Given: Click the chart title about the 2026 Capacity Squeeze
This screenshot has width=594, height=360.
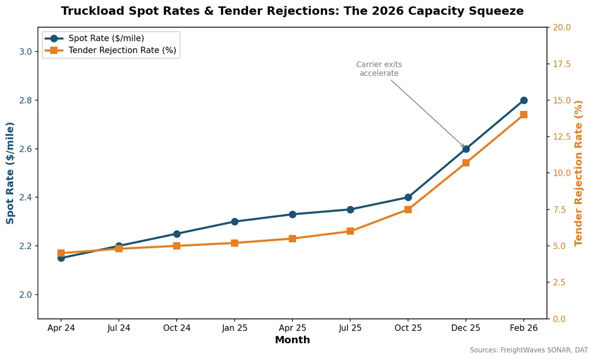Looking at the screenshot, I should click(x=292, y=11).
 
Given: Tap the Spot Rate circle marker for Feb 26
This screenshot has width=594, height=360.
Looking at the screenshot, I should click(x=524, y=100).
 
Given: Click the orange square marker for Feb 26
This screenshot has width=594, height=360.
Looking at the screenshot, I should click(x=524, y=114).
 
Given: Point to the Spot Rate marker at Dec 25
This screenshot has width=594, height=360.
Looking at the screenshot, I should click(x=466, y=149).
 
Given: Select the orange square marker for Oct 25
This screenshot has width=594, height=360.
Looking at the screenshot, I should click(x=408, y=209).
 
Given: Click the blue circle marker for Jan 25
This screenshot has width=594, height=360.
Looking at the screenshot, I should click(x=235, y=221).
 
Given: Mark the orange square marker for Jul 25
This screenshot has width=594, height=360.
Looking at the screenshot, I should click(x=350, y=231).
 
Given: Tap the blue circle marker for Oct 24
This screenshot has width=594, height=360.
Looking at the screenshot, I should click(x=177, y=234).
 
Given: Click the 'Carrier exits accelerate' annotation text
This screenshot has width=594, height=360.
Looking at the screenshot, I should click(x=379, y=69).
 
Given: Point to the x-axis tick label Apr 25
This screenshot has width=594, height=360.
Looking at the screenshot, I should click(x=292, y=328).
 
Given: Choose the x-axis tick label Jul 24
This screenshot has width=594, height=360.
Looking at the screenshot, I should click(x=119, y=328).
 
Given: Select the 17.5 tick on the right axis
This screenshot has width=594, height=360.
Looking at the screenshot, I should click(x=561, y=64).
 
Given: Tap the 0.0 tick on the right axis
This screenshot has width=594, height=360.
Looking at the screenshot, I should click(x=559, y=318).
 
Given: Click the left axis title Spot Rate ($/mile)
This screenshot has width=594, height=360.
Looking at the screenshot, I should click(x=10, y=173).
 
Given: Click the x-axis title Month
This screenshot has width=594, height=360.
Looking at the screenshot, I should click(x=292, y=340).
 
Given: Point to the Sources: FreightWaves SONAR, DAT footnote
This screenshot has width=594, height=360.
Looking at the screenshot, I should click(x=529, y=350).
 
